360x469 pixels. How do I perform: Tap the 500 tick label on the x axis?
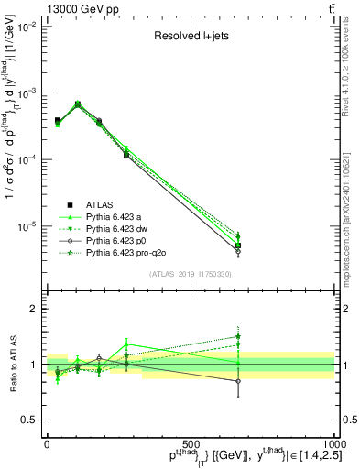pos(191,443)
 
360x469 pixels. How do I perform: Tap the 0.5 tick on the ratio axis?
pos(29,420)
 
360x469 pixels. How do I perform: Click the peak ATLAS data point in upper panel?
pos(77,104)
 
